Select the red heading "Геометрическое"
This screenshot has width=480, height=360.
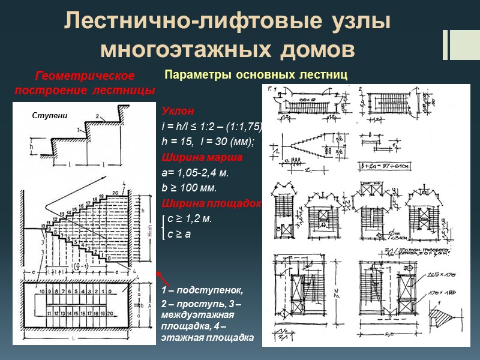pyautogui.click(x=85, y=77)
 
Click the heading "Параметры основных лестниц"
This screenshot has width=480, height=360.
pyautogui.click(x=256, y=75)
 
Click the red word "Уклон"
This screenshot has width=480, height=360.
pyautogui.click(x=174, y=112)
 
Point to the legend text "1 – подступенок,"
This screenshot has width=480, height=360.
pyautogui.click(x=202, y=291)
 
